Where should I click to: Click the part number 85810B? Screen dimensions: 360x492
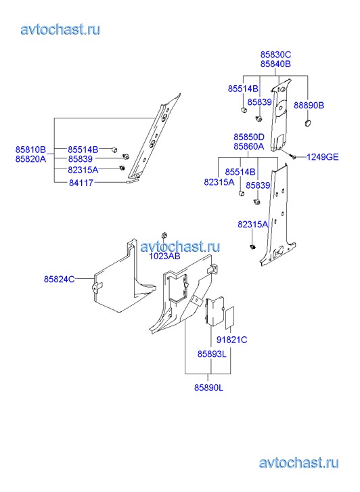[30, 150]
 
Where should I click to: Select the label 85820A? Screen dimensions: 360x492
[30, 160]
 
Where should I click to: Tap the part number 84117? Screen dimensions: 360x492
[81, 183]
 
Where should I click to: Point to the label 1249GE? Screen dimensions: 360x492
[322, 157]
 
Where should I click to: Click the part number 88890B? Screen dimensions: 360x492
[309, 106]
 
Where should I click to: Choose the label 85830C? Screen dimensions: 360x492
[275, 55]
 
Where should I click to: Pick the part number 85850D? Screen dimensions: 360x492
[249, 137]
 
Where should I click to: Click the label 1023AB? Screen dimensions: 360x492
[164, 256]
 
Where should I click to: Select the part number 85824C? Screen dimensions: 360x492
[60, 279]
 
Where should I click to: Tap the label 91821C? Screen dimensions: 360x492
[231, 340]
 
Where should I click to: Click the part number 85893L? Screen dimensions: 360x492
[212, 354]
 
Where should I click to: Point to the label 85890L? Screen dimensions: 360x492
[208, 388]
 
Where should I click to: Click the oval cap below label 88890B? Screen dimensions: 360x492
[307, 122]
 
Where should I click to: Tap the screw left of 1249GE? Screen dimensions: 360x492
[294, 156]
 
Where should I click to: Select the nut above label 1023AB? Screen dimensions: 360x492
[164, 236]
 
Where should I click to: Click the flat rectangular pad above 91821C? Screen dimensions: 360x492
[230, 317]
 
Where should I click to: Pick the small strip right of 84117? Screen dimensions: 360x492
[130, 181]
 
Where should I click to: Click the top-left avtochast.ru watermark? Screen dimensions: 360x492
[60, 30]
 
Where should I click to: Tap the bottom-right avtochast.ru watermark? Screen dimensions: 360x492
[299, 463]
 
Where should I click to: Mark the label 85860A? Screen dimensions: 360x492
[249, 147]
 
